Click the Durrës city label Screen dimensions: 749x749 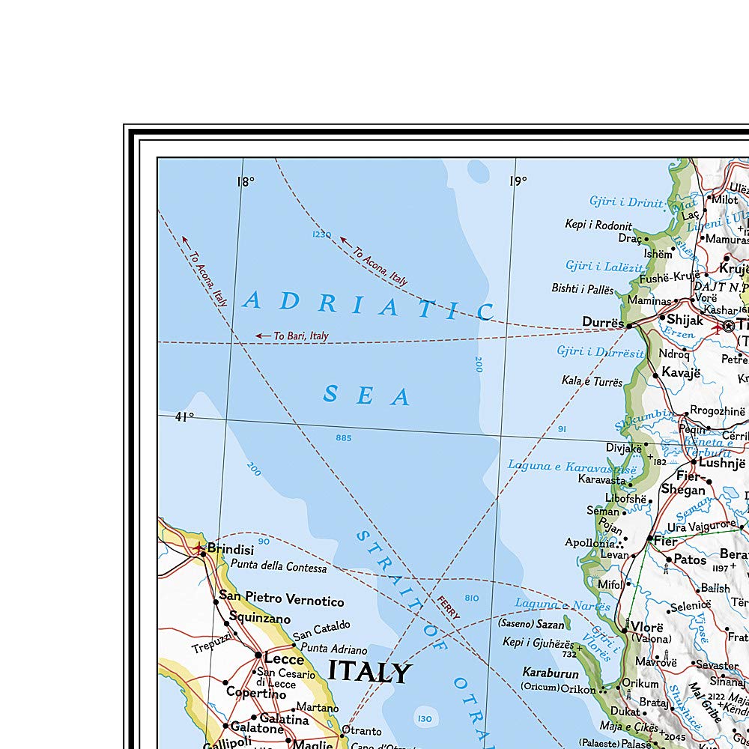click(603, 322)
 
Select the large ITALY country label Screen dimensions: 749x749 click(369, 672)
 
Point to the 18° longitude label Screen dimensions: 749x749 click(246, 181)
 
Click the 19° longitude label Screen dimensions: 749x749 click(518, 181)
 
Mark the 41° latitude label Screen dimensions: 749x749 click(184, 416)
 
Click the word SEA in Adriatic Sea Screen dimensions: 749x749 click(367, 395)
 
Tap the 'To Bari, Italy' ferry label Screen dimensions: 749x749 click(300, 336)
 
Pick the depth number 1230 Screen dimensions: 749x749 click(321, 235)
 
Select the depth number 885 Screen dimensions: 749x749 click(344, 437)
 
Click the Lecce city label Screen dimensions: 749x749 click(284, 659)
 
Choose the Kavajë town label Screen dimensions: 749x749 click(680, 372)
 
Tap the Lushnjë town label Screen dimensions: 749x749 click(724, 462)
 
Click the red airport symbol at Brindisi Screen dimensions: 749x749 click(198, 548)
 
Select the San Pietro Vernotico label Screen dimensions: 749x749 click(281, 601)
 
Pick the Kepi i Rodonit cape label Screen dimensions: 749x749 click(598, 225)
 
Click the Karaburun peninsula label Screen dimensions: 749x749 click(551, 673)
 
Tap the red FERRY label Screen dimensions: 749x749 click(449, 607)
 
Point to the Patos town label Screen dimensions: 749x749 click(690, 560)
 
